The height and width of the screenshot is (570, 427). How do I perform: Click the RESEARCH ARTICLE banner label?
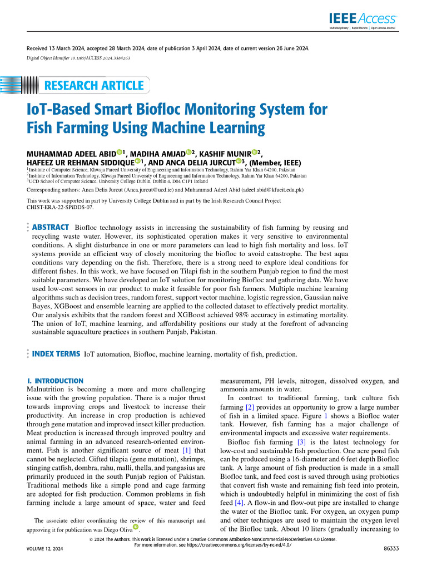(x=93, y=85)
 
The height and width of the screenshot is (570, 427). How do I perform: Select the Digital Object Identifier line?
(x=78, y=58)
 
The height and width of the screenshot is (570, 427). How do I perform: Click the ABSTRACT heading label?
(x=51, y=228)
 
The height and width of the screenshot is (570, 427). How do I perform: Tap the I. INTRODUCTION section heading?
(x=55, y=381)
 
